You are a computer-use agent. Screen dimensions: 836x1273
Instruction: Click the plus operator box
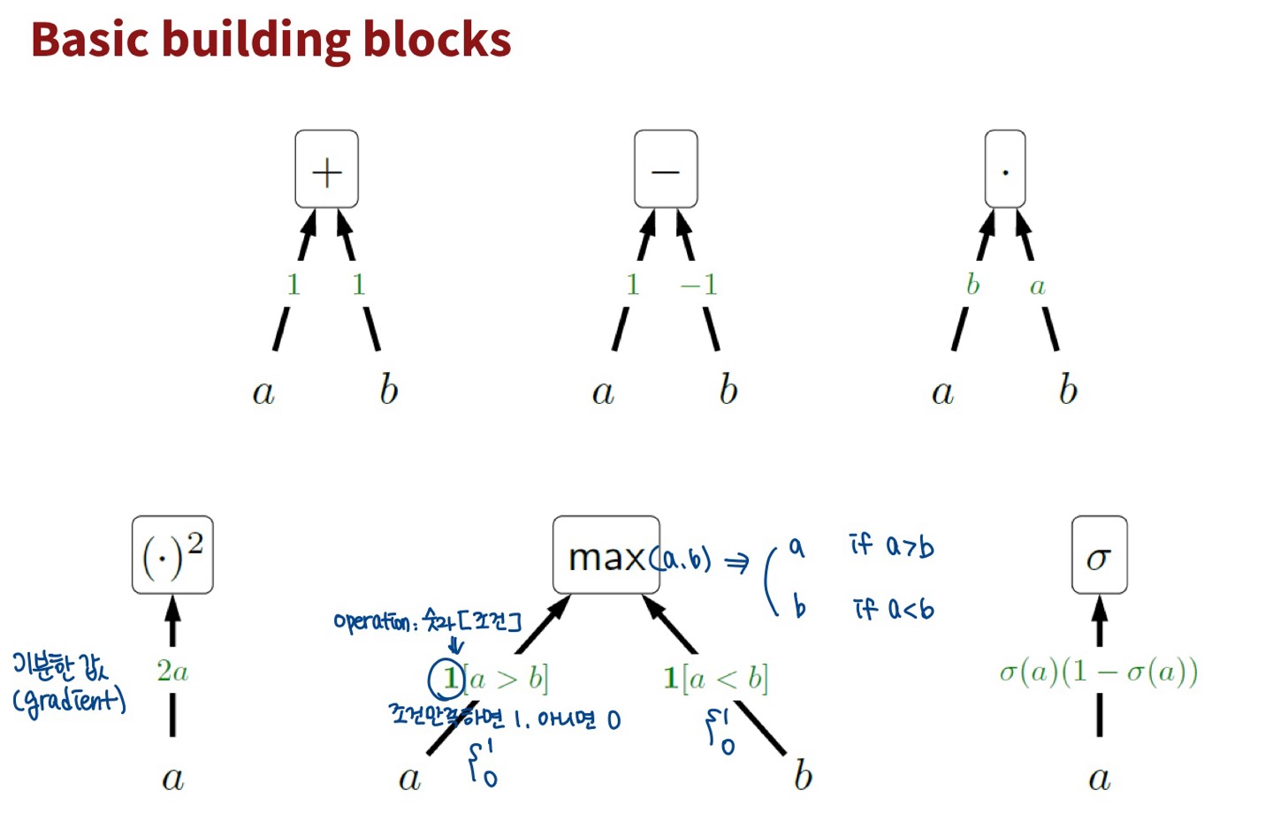(326, 170)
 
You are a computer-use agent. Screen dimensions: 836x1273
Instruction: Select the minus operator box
(666, 170)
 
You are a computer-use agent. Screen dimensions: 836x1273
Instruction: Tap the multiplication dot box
(1005, 170)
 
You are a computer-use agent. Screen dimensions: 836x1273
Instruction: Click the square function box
(172, 555)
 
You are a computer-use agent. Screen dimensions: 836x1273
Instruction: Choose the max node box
(606, 555)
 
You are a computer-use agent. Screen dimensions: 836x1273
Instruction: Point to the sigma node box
(1099, 555)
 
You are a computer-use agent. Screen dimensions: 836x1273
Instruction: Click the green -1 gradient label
(698, 285)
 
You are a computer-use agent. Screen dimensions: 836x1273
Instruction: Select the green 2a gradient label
(172, 672)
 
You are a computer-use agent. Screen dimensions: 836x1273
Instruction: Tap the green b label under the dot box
(972, 285)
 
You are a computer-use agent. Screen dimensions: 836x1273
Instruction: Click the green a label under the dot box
(1038, 286)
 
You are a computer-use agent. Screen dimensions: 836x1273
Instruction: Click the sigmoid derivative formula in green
(1099, 673)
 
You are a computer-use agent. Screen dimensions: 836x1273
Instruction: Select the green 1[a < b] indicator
(716, 679)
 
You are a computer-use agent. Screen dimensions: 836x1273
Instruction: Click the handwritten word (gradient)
(69, 702)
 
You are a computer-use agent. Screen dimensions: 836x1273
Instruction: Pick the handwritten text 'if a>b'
(891, 545)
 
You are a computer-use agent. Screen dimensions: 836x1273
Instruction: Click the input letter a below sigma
(1099, 779)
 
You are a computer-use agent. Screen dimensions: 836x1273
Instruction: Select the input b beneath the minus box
(728, 390)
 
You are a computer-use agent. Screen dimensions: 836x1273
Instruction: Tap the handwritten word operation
(371, 621)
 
